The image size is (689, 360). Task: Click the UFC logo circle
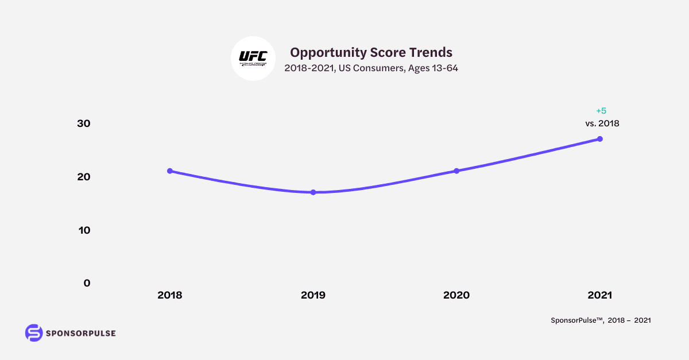pos(253,59)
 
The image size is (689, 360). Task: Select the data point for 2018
pos(169,171)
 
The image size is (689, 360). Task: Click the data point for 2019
pos(313,192)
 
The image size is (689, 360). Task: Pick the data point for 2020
pos(456,171)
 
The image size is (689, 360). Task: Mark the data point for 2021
pos(600,139)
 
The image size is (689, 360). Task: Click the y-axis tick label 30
pos(84,123)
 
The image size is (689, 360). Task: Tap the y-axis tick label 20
pos(84,177)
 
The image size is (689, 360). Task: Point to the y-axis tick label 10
pos(84,230)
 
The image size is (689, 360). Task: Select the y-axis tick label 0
pos(87,283)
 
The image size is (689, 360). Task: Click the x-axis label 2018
pos(169,295)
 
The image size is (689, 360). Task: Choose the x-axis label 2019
pos(313,295)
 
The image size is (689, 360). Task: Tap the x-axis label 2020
pos(456,295)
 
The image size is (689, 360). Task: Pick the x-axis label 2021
pos(600,295)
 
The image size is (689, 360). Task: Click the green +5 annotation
pos(601,111)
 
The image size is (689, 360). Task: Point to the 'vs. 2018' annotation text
pos(601,123)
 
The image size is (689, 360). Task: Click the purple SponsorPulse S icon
pos(34,333)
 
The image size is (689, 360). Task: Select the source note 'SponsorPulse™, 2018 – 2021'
pos(601,321)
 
